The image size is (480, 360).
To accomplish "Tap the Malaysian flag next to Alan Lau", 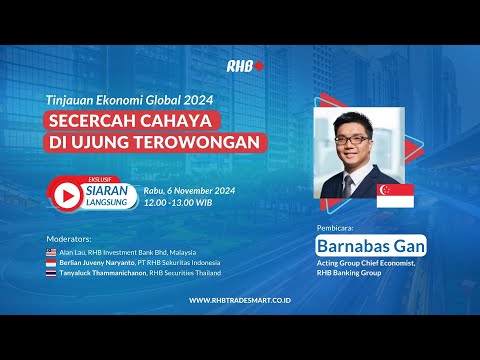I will point(52,252).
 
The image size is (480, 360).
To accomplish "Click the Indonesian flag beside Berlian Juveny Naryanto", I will point(52,262).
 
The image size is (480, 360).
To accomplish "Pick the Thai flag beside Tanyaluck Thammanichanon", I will point(52,273).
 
